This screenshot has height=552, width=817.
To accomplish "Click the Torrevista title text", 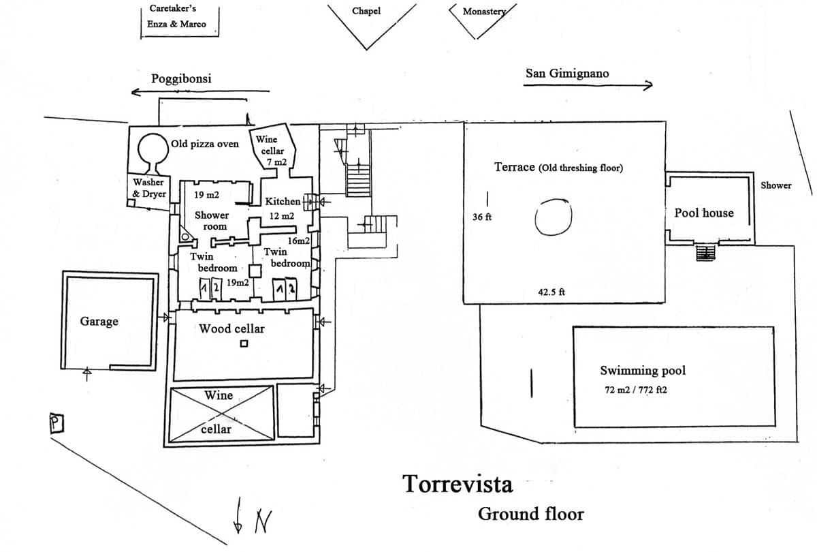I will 458,484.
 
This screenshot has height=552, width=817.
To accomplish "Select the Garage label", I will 99,321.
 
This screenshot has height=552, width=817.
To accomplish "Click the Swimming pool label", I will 643,371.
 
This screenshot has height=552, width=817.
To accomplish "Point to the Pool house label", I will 704,213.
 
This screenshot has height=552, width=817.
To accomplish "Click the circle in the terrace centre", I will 552,217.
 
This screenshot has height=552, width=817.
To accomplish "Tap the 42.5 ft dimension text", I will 551,292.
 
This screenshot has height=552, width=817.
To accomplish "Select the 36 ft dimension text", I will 483,217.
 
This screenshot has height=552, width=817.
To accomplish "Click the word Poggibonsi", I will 181,78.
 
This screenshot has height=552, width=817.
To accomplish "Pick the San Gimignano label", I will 567,73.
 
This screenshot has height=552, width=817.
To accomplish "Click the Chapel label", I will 366,11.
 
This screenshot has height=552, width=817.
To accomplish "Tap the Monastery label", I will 485,12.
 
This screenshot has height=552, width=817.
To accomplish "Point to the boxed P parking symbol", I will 57,423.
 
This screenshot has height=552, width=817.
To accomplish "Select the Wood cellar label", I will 231,328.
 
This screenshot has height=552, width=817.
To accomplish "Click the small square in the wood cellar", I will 243,343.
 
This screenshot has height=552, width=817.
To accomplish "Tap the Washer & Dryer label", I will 149,187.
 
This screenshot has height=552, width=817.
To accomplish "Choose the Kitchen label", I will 283,201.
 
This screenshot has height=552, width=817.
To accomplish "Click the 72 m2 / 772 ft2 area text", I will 630,391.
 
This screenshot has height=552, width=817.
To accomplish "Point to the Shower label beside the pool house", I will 776,185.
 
